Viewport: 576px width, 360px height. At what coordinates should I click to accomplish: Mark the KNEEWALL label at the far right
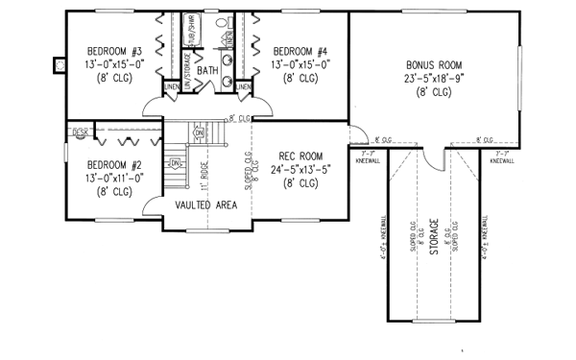(x=500, y=160)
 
